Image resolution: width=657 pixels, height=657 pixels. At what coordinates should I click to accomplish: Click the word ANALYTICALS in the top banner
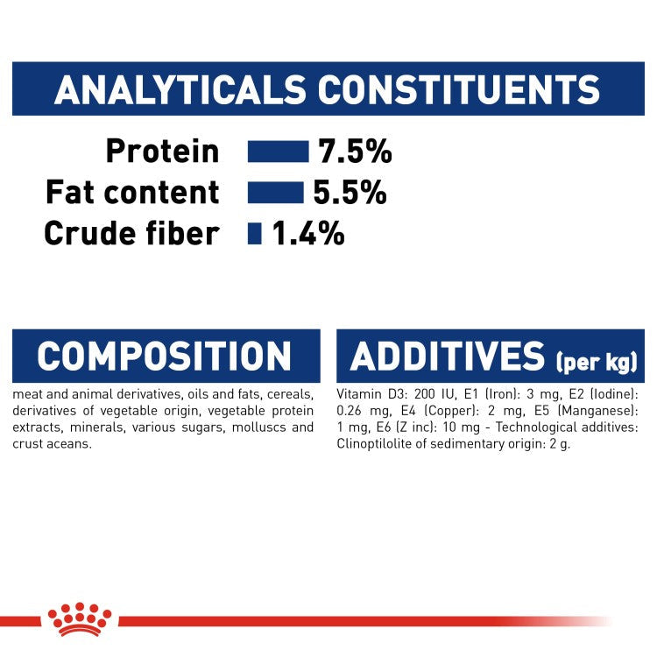[x=180, y=90]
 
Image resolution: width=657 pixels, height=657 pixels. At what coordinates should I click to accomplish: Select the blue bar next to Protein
[x=278, y=152]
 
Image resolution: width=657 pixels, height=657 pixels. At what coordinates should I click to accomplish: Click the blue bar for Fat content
[x=275, y=193]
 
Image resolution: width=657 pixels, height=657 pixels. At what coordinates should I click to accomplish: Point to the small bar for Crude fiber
[x=255, y=234]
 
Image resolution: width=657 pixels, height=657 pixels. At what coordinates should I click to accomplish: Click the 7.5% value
[x=355, y=152]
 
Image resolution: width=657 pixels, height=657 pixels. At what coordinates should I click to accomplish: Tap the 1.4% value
[x=307, y=234]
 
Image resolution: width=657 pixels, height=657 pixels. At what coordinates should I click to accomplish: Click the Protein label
[x=162, y=152]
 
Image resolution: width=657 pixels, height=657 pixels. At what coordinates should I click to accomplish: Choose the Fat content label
[x=132, y=193]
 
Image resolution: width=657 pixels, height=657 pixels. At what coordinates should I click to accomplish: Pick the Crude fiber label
[x=131, y=234]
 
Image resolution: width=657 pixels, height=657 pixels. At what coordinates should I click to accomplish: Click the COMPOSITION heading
[x=165, y=357]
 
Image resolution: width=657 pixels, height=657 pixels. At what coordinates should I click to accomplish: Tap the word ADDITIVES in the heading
[x=447, y=357]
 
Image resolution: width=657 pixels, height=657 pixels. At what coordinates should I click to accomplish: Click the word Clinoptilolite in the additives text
[x=376, y=443]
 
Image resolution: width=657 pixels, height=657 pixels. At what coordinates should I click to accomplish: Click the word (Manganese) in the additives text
[x=610, y=411]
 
